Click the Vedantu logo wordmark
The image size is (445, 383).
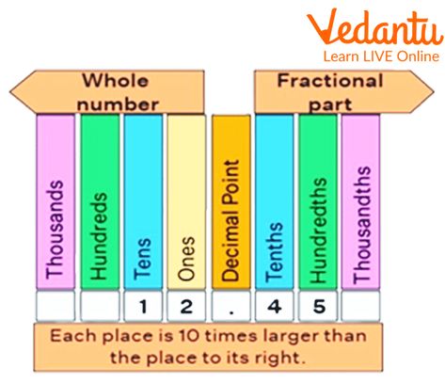pyautogui.click(x=375, y=27)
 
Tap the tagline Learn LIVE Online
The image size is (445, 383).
pyautogui.click(x=381, y=56)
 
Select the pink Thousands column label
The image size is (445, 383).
pyautogui.click(x=55, y=230)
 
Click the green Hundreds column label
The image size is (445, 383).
pyautogui.click(x=99, y=236)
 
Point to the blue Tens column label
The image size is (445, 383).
pyautogui.click(x=142, y=259)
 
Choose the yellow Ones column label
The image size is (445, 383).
pyautogui.click(x=186, y=258)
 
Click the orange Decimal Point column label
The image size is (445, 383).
pyautogui.click(x=230, y=220)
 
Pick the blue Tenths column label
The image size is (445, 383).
pyautogui.click(x=274, y=252)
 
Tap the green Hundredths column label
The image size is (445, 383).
pyautogui.click(x=318, y=231)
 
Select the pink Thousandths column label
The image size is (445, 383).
pyautogui.click(x=361, y=225)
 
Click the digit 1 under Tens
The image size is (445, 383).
pyautogui.click(x=143, y=307)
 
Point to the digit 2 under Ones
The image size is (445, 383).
pyautogui.click(x=186, y=307)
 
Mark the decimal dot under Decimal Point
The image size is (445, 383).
pyautogui.click(x=231, y=311)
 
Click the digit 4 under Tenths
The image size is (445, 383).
pyautogui.click(x=275, y=307)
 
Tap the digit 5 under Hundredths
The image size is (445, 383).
pyautogui.click(x=319, y=307)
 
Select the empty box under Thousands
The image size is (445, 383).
pyautogui.click(x=56, y=306)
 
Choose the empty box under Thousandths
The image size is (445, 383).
pyautogui.click(x=360, y=306)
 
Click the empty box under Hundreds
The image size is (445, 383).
pyautogui.click(x=100, y=306)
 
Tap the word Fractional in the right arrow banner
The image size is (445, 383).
pyautogui.click(x=330, y=81)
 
